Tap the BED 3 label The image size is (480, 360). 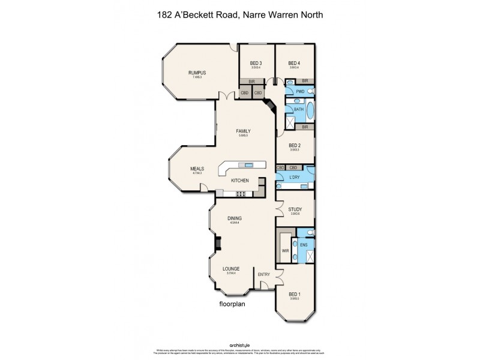click(x=256, y=63)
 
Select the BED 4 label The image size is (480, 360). click(x=294, y=63)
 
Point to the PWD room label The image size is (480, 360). click(x=300, y=91)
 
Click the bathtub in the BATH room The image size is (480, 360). click(x=310, y=110)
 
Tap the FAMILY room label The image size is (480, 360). click(x=243, y=131)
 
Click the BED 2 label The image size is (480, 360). click(x=294, y=145)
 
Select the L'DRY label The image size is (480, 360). click(x=294, y=178)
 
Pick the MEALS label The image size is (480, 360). click(x=197, y=169)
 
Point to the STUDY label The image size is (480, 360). click(x=295, y=209)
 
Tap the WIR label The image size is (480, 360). click(x=285, y=251)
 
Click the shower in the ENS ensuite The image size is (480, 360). click(x=310, y=257)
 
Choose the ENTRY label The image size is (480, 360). click(x=263, y=274)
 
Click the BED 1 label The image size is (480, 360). click(x=294, y=294)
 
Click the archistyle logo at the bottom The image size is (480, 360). click(x=239, y=345)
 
